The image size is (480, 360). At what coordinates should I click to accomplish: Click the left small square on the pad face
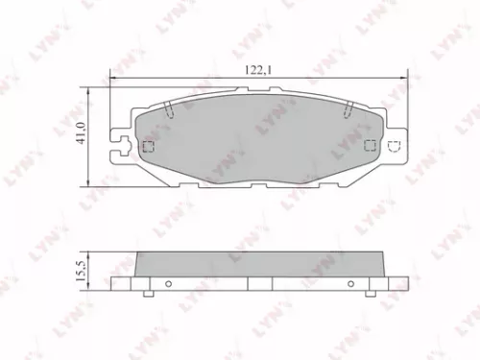[148, 147]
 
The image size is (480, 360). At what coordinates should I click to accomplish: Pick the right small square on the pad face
[373, 145]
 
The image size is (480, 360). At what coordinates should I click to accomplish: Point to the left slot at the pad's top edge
[167, 108]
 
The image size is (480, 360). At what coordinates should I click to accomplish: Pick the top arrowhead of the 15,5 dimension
[92, 252]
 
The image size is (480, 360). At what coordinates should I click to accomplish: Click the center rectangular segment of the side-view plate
[259, 285]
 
